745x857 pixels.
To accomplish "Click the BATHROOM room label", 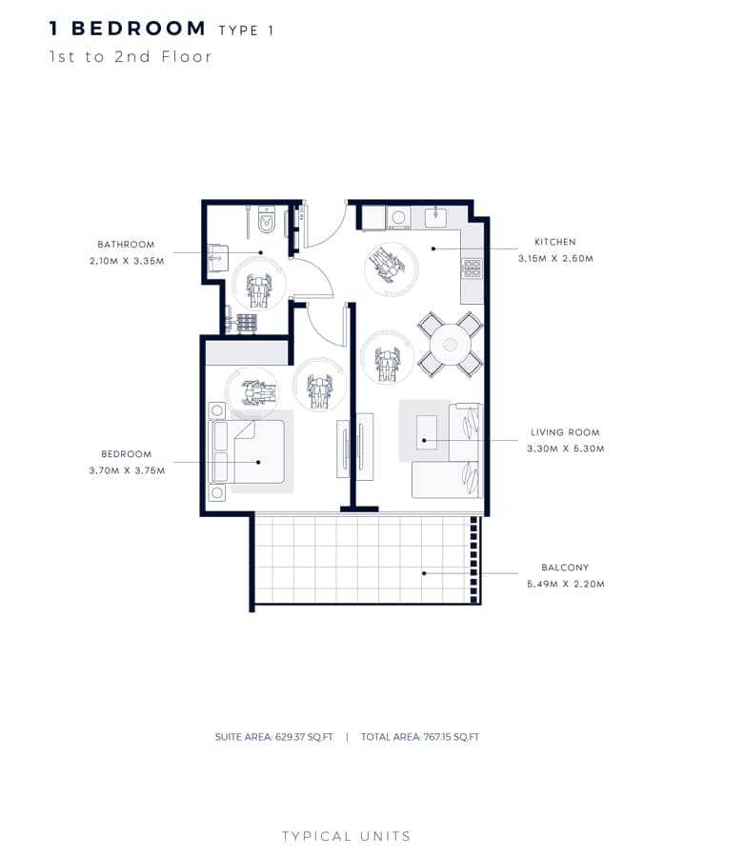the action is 126,245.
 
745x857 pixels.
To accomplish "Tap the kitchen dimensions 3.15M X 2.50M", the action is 555,258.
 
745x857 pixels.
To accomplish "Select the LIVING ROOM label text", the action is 565,432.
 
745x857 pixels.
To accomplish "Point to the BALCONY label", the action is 565,568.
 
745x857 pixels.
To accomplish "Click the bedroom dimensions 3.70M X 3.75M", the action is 127,470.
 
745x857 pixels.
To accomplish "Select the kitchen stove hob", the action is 472,268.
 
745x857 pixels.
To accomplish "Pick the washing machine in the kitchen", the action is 399,217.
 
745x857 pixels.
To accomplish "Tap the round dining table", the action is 451,345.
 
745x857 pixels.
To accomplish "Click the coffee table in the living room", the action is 427,432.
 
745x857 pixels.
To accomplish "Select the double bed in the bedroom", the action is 247,451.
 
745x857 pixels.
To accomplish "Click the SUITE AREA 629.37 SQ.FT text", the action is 274,737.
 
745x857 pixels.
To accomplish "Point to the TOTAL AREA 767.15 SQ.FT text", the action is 420,737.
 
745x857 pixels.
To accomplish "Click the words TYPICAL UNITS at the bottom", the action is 346,836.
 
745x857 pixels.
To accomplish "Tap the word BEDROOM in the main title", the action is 139,29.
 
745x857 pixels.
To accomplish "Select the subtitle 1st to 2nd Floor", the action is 131,57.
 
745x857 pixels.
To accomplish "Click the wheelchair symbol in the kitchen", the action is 388,264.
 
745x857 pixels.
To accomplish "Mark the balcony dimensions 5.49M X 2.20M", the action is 566,584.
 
